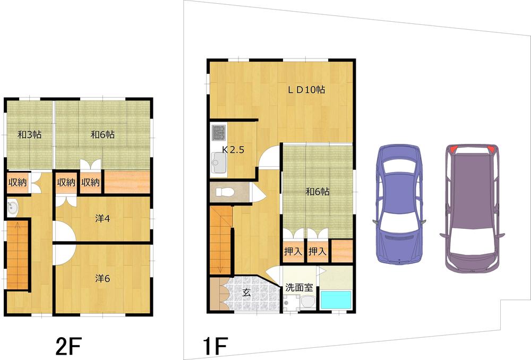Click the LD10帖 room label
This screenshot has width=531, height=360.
pyautogui.click(x=306, y=90)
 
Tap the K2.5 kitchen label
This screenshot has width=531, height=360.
pyautogui.click(x=233, y=150)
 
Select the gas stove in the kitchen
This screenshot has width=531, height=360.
pyautogui.click(x=218, y=132)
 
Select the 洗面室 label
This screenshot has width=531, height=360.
pyautogui.click(x=299, y=288)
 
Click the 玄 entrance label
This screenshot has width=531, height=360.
pyautogui.click(x=247, y=292)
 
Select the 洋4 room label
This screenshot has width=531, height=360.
pyautogui.click(x=102, y=218)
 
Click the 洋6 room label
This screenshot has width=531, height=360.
pyautogui.click(x=102, y=278)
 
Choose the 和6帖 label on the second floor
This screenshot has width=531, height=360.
pyautogui.click(x=102, y=135)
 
